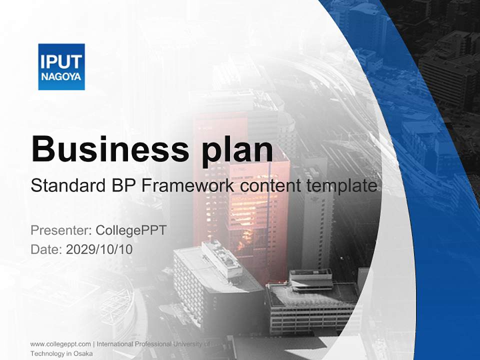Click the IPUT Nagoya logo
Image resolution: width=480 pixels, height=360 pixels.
tap(61, 66)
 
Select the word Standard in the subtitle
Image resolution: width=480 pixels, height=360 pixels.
tap(66, 186)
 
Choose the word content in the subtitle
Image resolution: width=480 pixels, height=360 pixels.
tap(270, 186)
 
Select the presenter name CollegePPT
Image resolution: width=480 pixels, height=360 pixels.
tap(131, 230)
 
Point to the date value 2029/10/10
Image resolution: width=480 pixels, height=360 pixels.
tap(99, 249)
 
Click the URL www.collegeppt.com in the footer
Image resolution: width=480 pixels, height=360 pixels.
tap(60, 344)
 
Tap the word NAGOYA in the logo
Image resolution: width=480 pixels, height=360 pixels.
tap(61, 77)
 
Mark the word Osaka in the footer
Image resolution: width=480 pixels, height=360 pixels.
tap(83, 353)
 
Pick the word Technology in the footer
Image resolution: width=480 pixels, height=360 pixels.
tap(45, 353)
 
